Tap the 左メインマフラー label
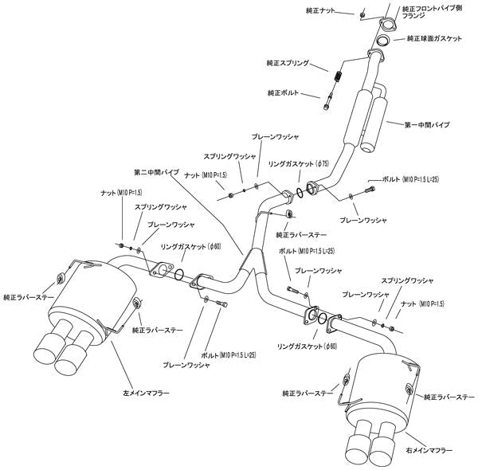pos(147,391)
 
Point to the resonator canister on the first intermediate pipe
pos(365,119)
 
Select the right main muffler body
pos(382,386)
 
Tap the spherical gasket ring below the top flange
pos(382,40)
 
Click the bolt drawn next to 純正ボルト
pos(331,100)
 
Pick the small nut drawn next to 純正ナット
pos(362,14)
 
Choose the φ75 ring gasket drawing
pos(297,191)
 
